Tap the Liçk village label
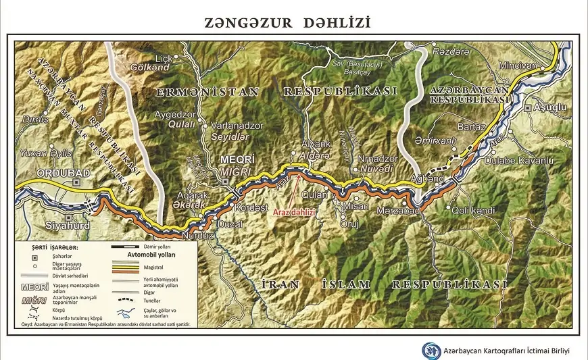click(164, 59)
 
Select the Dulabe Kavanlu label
click(517, 161)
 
